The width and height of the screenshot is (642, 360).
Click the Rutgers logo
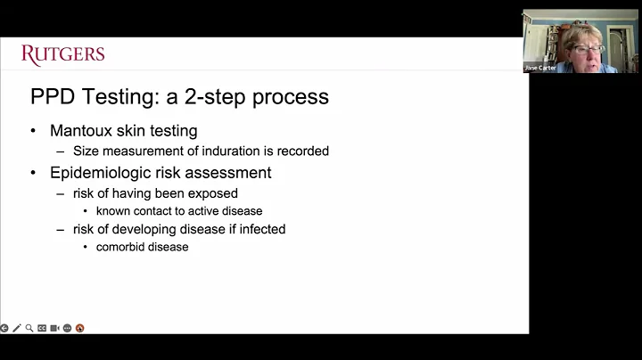point(62,54)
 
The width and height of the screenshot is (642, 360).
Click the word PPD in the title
point(53,96)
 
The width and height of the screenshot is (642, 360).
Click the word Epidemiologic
point(99,172)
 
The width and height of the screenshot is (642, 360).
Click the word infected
point(259,229)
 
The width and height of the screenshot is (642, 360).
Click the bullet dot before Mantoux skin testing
point(33,131)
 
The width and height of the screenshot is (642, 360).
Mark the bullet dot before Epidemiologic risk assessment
point(33,172)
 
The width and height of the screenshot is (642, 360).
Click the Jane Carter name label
point(540,68)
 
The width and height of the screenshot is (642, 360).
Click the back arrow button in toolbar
point(4,328)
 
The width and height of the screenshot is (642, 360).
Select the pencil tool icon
point(17,328)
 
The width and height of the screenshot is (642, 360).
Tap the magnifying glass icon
point(29,328)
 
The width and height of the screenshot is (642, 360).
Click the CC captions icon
point(42,328)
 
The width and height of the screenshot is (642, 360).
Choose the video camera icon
point(54,328)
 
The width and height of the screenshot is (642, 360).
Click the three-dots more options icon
point(67,328)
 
